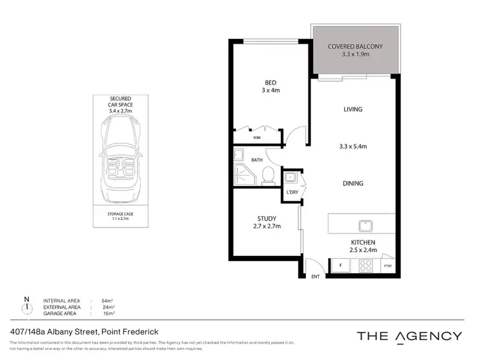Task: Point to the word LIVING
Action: pos(353,109)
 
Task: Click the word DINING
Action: pos(353,184)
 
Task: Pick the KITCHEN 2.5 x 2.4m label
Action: pos(362,246)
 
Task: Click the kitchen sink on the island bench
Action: pos(367,225)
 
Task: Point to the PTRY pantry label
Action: pos(387,266)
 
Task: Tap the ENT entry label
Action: pos(315,277)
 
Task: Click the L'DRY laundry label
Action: pos(292,192)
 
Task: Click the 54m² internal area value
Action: pos(108,301)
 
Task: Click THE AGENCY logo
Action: pos(408,336)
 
